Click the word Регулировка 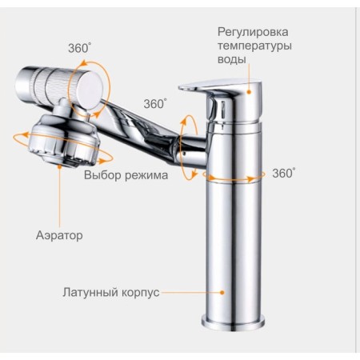[253, 32]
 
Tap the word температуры [254, 46]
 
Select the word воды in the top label [232, 59]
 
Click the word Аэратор [59, 235]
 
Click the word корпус [140, 293]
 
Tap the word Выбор [102, 175]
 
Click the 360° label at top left [79, 49]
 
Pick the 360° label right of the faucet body [284, 174]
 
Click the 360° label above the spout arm [155, 104]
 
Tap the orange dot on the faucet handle [249, 92]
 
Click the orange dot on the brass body [222, 293]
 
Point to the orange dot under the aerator [59, 166]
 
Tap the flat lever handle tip [183, 87]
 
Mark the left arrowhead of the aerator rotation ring [26, 135]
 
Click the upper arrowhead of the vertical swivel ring [183, 121]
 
